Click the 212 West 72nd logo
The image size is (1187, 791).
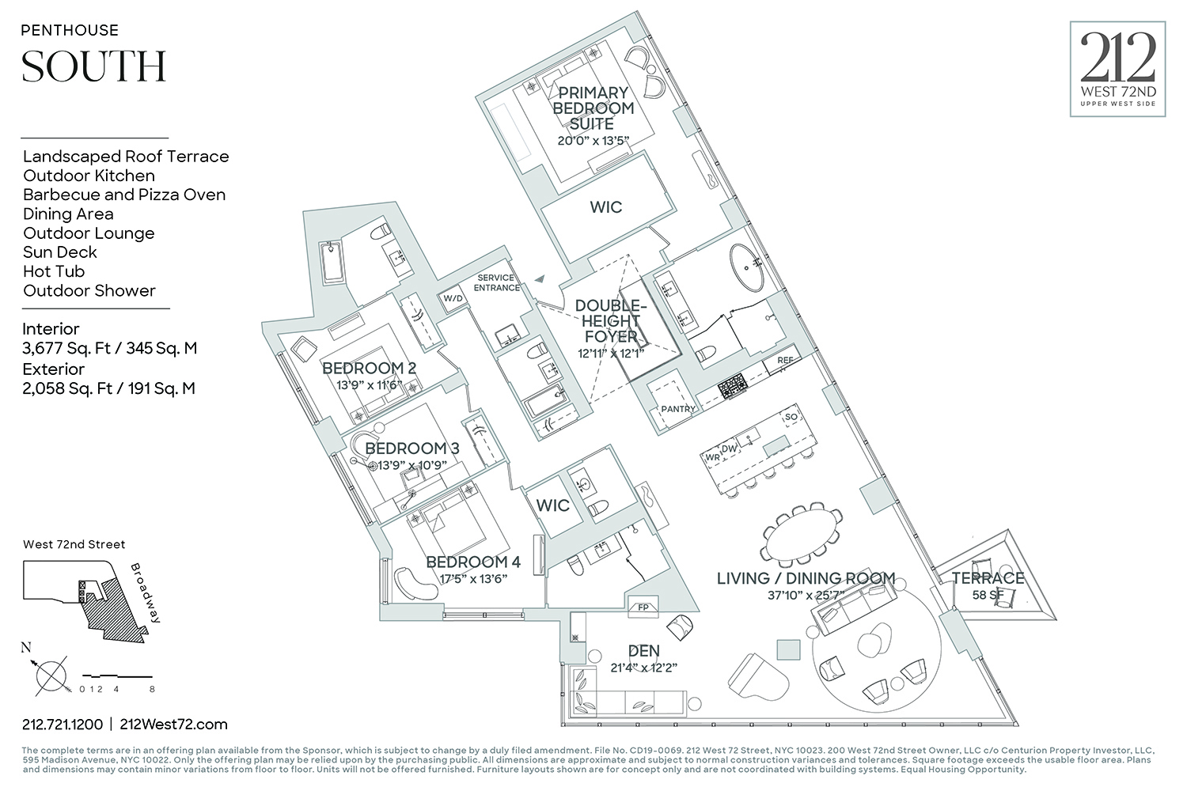pos(1117,70)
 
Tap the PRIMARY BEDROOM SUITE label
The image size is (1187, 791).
pos(593,108)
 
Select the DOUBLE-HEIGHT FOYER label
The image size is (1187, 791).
pos(610,321)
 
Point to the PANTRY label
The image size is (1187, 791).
pos(678,409)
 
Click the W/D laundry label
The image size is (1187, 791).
pos(453,298)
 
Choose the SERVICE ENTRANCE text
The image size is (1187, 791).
pos(496,282)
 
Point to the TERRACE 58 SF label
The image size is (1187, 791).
pos(987,585)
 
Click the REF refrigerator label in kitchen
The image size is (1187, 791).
pos(785,361)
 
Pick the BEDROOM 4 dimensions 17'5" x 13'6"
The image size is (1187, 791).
pos(472,578)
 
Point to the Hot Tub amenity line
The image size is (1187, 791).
pos(54,271)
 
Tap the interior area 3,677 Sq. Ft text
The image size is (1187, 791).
pos(109,348)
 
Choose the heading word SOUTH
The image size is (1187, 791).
pos(94,66)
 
